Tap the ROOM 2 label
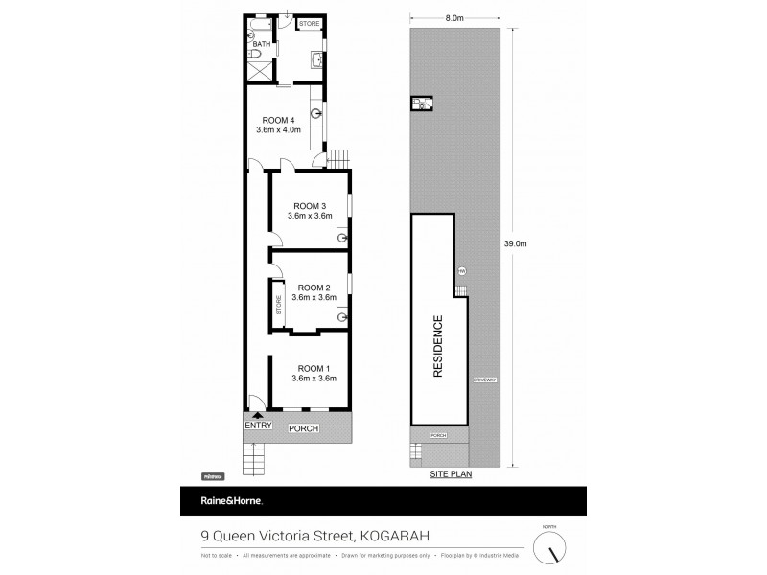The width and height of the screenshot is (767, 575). tap(314, 287)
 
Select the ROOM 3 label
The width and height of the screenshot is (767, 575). tap(311, 206)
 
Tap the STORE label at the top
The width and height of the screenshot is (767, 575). tap(309, 23)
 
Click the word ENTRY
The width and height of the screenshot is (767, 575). tap(259, 426)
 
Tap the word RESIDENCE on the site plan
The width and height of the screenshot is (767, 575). tap(437, 347)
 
